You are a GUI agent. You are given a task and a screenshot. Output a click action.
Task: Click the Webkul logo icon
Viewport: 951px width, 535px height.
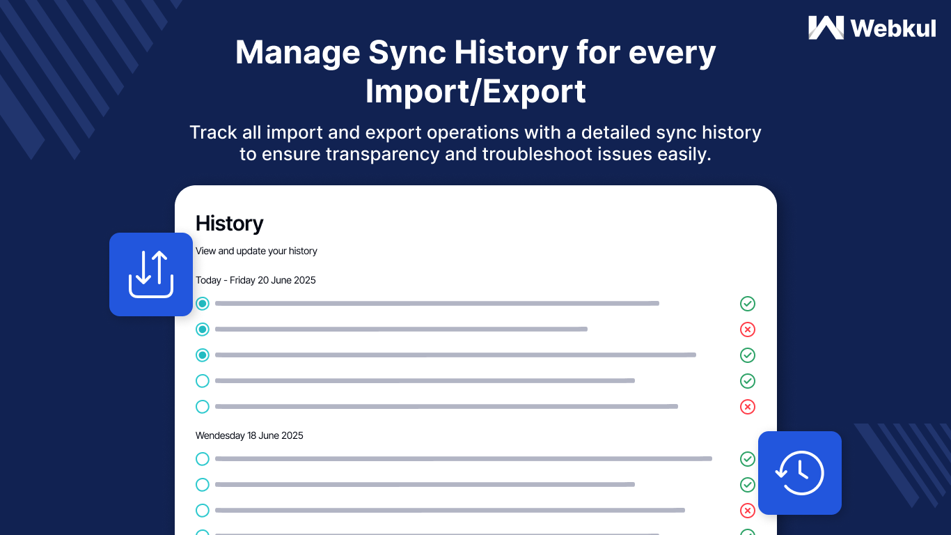pos(826,28)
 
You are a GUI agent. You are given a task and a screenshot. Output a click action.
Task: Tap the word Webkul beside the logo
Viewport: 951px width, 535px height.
pos(893,29)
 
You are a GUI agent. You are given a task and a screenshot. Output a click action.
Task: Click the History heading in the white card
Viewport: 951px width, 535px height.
pos(229,224)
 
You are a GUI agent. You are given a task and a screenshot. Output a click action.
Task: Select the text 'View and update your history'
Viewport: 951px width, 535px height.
pos(256,251)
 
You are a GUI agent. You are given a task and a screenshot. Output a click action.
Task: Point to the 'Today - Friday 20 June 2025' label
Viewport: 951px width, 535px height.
pos(256,280)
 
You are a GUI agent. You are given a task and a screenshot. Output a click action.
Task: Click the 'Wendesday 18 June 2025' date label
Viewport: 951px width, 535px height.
pos(249,435)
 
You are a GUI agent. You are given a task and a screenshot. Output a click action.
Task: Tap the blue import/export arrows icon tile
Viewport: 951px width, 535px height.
pos(150,274)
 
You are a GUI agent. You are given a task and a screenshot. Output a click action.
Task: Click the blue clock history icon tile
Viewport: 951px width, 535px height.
pos(800,473)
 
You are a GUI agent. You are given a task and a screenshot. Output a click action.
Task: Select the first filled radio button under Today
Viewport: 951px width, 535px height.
pos(203,304)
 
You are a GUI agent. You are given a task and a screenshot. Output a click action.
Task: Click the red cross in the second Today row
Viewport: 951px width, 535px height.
pos(748,329)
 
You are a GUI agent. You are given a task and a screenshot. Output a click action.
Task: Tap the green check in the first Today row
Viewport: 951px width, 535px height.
pos(748,304)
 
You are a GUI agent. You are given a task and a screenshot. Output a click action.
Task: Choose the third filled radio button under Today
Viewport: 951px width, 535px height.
pos(203,355)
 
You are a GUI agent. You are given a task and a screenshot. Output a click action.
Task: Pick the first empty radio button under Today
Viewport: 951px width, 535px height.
pos(203,381)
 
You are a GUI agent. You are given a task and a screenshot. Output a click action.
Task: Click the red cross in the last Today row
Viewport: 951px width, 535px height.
pos(748,407)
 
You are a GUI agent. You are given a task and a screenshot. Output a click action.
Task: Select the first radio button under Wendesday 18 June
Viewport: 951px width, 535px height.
pos(203,459)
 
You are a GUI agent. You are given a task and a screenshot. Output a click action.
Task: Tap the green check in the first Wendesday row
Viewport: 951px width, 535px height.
pos(748,459)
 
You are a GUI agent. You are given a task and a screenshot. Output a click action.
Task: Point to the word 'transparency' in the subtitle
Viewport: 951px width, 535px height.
pos(382,155)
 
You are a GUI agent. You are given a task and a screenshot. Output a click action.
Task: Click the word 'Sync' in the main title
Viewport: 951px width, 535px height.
pos(407,54)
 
